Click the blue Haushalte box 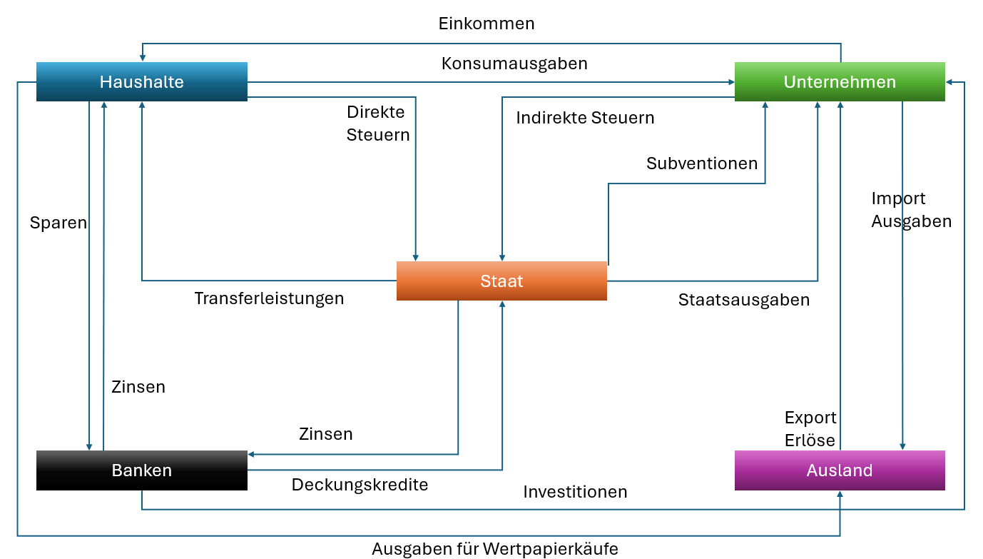[141, 82]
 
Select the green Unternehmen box [840, 82]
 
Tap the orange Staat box [501, 281]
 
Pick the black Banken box [141, 470]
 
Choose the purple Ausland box [840, 470]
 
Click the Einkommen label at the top [486, 24]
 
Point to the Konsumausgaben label [514, 64]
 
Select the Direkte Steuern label [378, 124]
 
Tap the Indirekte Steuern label [585, 118]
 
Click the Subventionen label [702, 163]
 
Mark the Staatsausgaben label [744, 300]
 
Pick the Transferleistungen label [269, 298]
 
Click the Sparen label [58, 223]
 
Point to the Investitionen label [575, 492]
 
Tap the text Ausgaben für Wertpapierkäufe [495, 549]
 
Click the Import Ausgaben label [911, 210]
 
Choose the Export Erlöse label [810, 429]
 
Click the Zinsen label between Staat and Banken [325, 434]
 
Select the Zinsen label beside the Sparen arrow [138, 387]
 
